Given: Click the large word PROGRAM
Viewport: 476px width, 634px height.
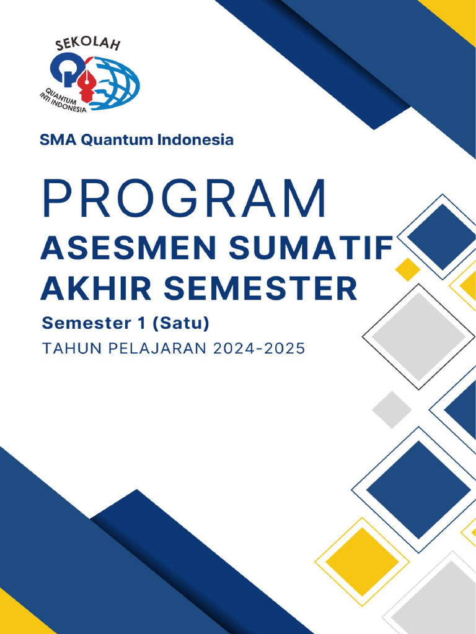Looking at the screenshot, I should [183, 199].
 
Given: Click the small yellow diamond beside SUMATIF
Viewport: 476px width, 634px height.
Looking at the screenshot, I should [408, 269].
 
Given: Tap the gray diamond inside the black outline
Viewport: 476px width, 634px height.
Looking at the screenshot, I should [418, 336].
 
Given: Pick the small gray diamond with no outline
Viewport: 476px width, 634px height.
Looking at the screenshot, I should [392, 410].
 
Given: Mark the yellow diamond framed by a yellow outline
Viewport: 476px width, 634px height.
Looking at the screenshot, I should [362, 562].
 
